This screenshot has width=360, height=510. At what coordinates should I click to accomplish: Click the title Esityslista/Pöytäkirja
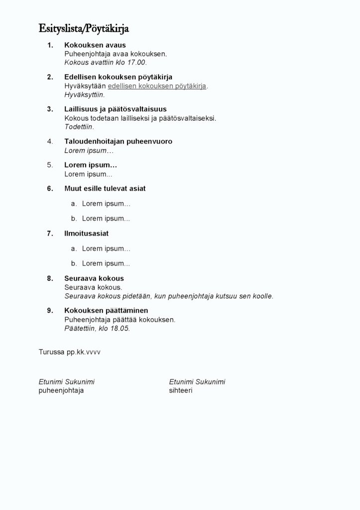pos(84,28)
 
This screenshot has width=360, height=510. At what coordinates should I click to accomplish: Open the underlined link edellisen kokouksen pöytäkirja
pos(157,86)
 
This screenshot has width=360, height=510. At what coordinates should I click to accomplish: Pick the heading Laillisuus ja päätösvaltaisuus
pos(115,109)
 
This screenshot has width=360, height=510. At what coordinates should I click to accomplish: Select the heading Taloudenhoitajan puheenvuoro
pos(118,141)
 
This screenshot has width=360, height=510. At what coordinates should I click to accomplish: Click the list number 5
pos(50,165)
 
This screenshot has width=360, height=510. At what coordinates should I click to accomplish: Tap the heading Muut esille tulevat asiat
pos(105,188)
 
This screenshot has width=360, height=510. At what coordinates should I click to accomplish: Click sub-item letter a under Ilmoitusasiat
pos(74,249)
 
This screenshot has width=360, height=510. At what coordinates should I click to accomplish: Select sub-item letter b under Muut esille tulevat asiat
pos(74,218)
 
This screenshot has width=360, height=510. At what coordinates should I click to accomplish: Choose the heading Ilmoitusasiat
pos(86,233)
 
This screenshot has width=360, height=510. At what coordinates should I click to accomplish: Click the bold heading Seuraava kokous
pos(94,278)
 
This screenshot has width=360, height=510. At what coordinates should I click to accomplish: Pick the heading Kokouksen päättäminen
pos(106,311)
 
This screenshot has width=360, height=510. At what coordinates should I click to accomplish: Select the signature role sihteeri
pos(180,391)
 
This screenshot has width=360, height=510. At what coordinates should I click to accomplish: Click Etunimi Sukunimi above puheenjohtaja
pos(67,382)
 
